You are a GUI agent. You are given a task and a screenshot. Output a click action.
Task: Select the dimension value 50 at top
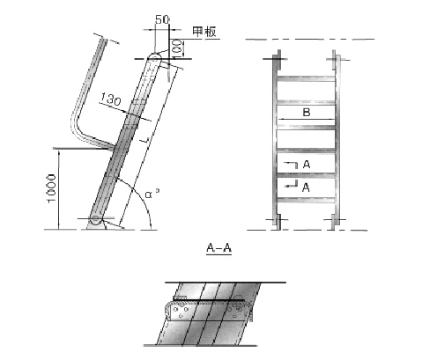tap(161, 18)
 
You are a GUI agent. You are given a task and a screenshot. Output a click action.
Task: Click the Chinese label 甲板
tap(204, 33)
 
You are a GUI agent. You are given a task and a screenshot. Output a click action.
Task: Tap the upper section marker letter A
tap(305, 165)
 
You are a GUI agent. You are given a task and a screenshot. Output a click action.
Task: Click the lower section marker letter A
tap(305, 187)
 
